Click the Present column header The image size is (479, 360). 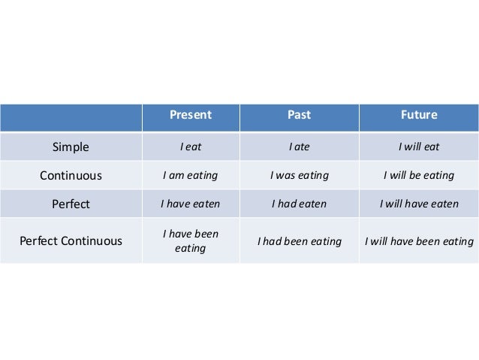point(190,116)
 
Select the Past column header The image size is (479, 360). point(299,116)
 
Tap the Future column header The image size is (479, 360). point(419,116)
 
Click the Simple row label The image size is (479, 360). point(70,147)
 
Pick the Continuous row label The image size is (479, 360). point(70,176)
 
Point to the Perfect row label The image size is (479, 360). point(70,204)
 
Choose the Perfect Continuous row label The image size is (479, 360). point(70,241)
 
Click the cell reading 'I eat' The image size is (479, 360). point(190,147)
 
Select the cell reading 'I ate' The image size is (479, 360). point(299,147)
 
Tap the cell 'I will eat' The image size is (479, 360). point(419,147)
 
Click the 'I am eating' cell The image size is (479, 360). point(190,176)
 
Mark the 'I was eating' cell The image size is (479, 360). point(299,176)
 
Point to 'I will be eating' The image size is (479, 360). point(419,176)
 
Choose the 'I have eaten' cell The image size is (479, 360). point(190,204)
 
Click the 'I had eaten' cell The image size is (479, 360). point(299,204)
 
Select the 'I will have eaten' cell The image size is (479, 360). point(419,204)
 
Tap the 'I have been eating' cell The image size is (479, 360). point(190,241)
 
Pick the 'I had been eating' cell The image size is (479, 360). point(299,241)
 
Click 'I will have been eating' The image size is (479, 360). point(419,241)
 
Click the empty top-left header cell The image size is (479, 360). point(70,116)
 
